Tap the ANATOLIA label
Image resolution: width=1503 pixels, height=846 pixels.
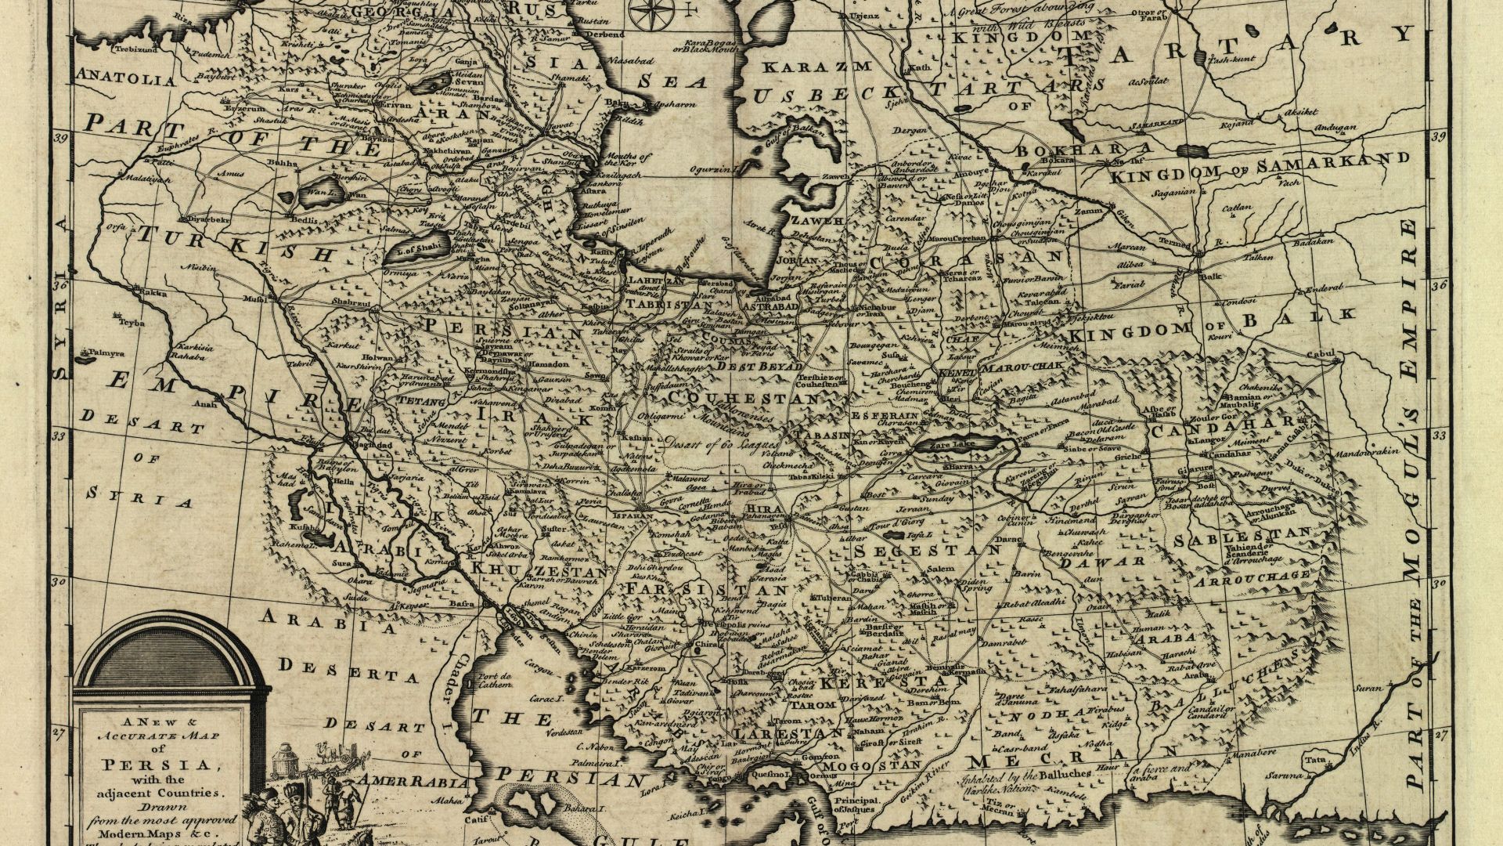(126, 79)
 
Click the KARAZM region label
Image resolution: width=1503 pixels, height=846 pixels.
(816, 67)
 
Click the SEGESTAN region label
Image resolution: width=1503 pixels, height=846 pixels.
(927, 551)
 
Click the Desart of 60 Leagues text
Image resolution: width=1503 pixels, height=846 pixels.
(715, 443)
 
